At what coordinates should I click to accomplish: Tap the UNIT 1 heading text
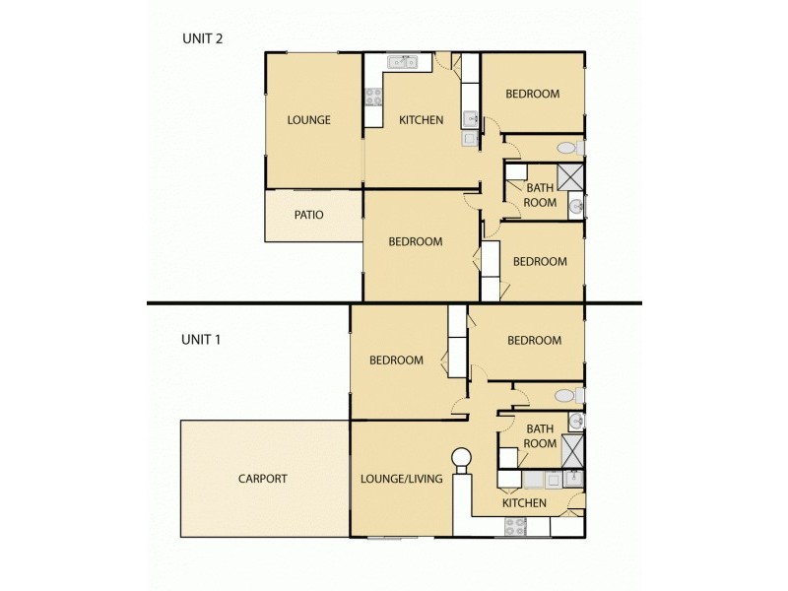pyautogui.click(x=200, y=339)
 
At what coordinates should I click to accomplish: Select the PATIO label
pyautogui.click(x=308, y=215)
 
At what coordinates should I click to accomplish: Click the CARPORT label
pyautogui.click(x=263, y=479)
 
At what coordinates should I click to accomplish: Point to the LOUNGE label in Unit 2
pyautogui.click(x=308, y=120)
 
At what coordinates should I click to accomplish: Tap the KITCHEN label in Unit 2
pyautogui.click(x=421, y=120)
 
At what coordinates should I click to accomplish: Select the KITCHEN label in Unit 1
pyautogui.click(x=524, y=503)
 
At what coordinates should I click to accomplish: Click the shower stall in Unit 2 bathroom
pyautogui.click(x=570, y=177)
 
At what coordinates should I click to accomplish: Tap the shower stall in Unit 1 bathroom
pyautogui.click(x=572, y=444)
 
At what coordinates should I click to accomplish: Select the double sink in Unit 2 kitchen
pyautogui.click(x=402, y=63)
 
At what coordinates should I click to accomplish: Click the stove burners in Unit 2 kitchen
pyautogui.click(x=373, y=97)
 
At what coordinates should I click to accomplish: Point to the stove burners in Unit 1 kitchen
pyautogui.click(x=517, y=527)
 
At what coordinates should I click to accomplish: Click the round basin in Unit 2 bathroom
pyautogui.click(x=576, y=206)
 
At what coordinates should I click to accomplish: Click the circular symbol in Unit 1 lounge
pyautogui.click(x=461, y=458)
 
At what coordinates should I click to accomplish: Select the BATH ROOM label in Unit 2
pyautogui.click(x=540, y=195)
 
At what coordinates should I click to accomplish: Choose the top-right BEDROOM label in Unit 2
pyautogui.click(x=532, y=95)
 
